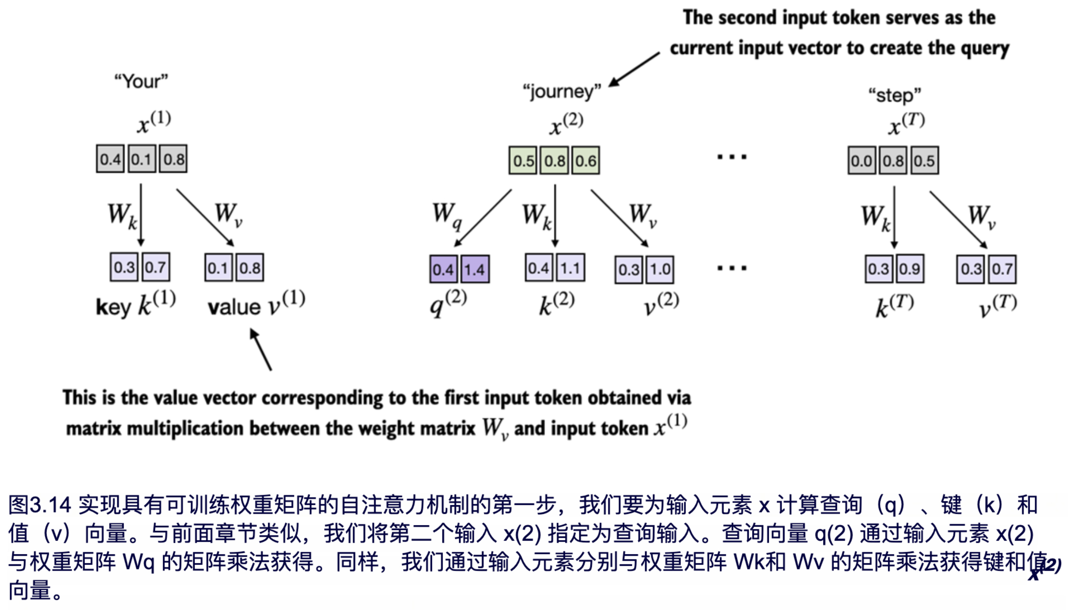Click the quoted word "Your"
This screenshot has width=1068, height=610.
(141, 81)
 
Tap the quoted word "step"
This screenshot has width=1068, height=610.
(895, 95)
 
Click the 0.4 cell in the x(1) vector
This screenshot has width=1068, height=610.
(110, 159)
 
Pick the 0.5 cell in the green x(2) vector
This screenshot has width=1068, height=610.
(524, 161)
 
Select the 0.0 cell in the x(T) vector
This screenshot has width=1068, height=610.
(862, 161)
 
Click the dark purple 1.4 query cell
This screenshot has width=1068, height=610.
(475, 269)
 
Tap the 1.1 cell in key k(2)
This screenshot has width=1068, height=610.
(570, 268)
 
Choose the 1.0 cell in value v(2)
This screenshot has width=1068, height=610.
(660, 269)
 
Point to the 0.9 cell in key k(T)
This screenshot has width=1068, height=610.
(910, 269)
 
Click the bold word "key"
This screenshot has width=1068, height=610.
(113, 307)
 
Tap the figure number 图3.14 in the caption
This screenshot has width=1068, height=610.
(40, 505)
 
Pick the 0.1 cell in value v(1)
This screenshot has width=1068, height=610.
(218, 268)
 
